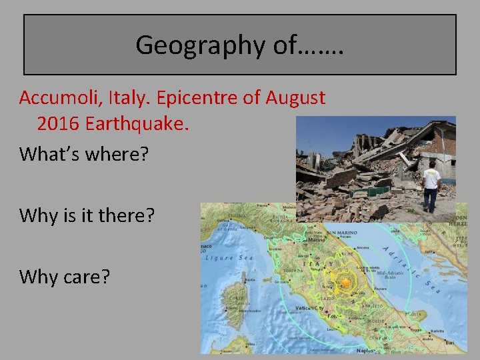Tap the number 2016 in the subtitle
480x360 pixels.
click(57, 123)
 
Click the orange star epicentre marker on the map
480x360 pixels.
click(345, 283)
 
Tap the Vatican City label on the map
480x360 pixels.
click(310, 308)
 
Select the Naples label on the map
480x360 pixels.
click(366, 349)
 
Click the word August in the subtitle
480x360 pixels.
click(295, 98)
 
